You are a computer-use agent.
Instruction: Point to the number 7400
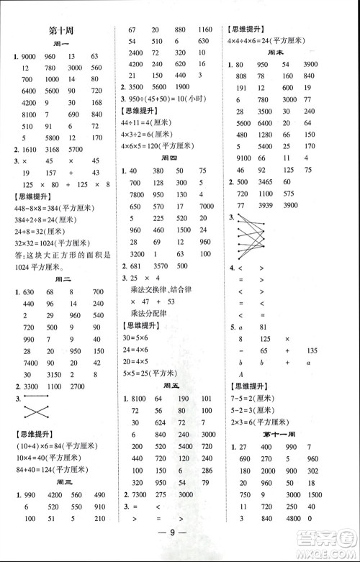point(30,361)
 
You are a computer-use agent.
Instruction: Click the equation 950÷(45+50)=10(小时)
point(166,98)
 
